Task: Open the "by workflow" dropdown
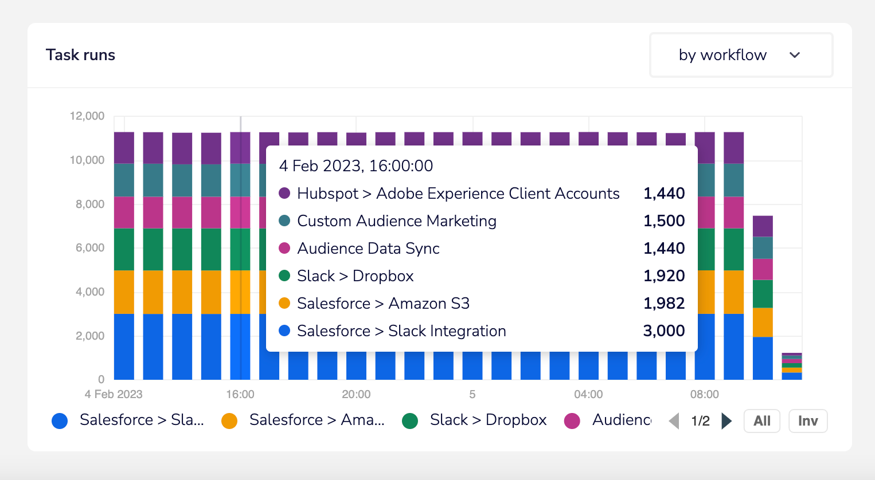[x=740, y=55]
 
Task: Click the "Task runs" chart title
[x=80, y=55]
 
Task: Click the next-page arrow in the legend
[x=726, y=421]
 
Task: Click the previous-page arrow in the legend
[x=674, y=421]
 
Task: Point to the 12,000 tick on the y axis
[x=87, y=116]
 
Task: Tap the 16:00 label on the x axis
[x=240, y=394]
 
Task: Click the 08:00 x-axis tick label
[x=704, y=394]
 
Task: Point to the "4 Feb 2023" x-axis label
[x=114, y=394]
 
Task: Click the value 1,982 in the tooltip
[x=664, y=303]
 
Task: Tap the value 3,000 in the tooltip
[x=664, y=331]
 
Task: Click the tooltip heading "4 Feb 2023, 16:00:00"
[x=356, y=166]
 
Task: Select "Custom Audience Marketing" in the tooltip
[x=396, y=221]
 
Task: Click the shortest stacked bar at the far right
[x=792, y=367]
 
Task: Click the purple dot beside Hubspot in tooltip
[x=284, y=193]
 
